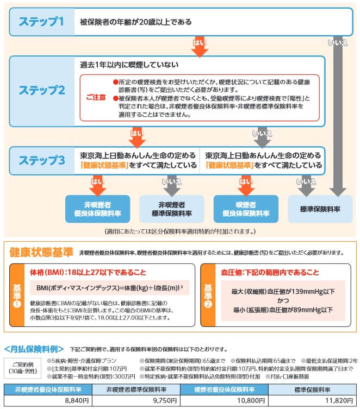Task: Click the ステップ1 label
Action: (41, 22)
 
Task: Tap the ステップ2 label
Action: (42, 90)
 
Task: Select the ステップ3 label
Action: (42, 160)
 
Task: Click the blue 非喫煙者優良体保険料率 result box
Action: (98, 209)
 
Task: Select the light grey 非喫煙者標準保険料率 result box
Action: (171, 209)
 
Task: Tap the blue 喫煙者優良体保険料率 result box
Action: (246, 209)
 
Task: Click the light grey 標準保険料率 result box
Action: (320, 209)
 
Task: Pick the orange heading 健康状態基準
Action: (41, 252)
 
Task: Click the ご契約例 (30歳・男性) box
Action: (23, 367)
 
